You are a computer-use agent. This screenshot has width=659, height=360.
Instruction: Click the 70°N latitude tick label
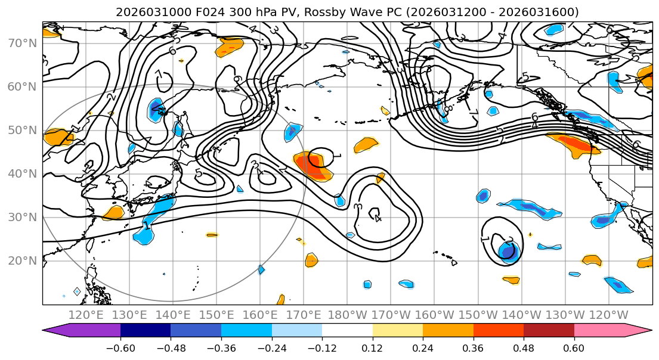pos(21,43)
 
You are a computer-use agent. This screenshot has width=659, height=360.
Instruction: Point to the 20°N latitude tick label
pos(21,260)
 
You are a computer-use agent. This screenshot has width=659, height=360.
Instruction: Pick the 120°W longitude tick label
pos(608,315)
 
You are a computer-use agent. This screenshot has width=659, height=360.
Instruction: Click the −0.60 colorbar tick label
pos(120,347)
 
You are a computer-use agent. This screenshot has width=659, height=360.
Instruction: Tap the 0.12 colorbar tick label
pos(373,347)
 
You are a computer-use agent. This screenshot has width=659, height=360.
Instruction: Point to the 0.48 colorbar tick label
pos(524,347)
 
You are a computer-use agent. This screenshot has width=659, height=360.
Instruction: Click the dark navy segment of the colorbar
pos(146,331)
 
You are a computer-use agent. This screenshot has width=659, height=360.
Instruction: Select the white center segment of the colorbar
pos(347,331)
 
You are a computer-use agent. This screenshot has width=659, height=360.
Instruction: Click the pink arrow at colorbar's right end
pos(638,331)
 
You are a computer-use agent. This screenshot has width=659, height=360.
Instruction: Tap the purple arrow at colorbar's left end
pos(57,331)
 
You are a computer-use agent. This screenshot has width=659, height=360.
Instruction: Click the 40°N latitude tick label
pos(21,173)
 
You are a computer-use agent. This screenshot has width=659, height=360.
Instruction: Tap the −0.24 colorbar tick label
pos(272,347)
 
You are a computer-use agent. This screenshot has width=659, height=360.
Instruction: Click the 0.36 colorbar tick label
pos(474,347)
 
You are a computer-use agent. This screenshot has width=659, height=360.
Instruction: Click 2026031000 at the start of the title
pos(143,12)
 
